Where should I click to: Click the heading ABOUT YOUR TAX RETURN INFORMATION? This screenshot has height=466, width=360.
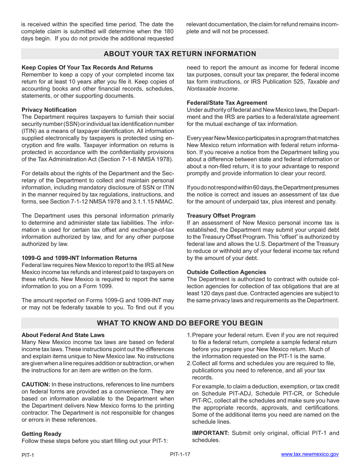(180, 54)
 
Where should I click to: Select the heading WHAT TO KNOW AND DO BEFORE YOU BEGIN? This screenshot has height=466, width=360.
(180, 323)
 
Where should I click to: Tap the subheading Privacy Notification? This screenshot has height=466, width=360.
(49, 110)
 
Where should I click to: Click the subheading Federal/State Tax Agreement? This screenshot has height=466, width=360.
(227, 103)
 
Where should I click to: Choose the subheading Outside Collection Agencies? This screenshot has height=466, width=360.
(226, 272)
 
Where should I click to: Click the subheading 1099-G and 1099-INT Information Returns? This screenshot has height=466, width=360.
(79, 258)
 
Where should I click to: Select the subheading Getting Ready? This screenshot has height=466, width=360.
(41, 433)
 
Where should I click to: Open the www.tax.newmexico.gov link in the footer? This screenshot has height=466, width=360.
(310, 454)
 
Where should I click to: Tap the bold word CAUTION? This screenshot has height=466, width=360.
(36, 384)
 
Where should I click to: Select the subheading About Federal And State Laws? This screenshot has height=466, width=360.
(63, 335)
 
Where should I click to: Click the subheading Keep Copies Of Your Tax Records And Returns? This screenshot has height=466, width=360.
(87, 67)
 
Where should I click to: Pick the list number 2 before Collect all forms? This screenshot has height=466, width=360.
(189, 363)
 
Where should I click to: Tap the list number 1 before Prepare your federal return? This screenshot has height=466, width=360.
(189, 335)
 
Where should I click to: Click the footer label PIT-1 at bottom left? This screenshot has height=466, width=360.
(28, 455)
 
